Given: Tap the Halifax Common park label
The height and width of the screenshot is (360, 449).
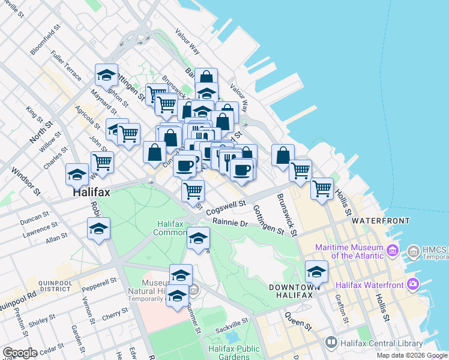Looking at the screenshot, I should [x=173, y=228].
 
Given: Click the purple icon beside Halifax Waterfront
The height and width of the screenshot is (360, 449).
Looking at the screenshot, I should [x=412, y=283].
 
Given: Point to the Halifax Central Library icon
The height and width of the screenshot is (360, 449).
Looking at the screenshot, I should [x=331, y=343].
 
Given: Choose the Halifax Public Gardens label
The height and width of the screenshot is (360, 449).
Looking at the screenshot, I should [x=234, y=353].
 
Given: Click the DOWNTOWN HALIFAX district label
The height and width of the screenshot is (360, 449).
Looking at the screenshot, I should [x=292, y=292].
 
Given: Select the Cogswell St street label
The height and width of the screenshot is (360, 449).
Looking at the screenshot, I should [x=226, y=208].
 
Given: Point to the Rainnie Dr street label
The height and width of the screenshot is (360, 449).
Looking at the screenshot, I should [x=231, y=223].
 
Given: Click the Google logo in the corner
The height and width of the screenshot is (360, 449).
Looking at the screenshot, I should [x=20, y=353].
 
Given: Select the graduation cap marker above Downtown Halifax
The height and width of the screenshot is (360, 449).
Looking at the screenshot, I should [x=316, y=271].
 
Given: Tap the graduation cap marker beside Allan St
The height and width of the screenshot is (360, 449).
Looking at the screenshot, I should [x=98, y=229].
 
